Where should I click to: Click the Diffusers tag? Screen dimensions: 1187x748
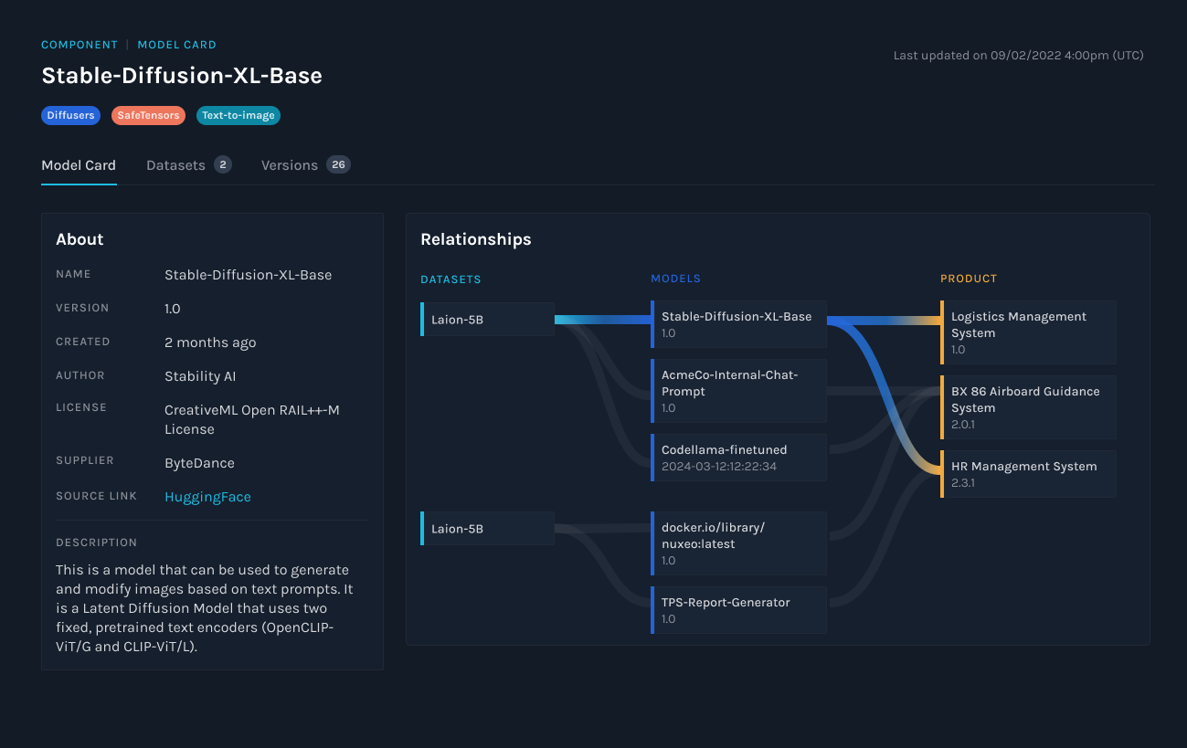70,116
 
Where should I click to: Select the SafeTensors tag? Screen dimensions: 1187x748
148,116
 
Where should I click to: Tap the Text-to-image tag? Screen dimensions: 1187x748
238,116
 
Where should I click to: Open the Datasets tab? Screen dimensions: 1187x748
175,165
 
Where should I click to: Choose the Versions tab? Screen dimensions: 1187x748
290,165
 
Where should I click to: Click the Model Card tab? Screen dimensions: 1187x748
79,165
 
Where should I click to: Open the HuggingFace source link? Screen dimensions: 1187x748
207,497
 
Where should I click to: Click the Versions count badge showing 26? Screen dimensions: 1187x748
338,164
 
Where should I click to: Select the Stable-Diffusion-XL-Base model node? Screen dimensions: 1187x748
738,324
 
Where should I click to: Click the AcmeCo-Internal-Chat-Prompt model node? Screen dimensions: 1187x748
738,391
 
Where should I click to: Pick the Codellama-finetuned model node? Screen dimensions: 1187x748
738,458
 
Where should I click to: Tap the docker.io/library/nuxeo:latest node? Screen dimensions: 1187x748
738,543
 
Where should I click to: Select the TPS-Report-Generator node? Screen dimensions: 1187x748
738,610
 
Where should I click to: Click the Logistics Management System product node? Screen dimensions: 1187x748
1028,332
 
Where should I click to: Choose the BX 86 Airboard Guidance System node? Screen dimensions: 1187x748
1028,407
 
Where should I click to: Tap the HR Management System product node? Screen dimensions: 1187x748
1028,474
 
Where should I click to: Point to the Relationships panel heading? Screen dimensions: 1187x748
475,239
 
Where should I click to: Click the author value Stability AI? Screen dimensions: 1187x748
200,376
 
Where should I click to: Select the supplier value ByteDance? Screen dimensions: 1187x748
199,463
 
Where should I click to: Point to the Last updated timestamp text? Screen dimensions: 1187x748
1018,56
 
